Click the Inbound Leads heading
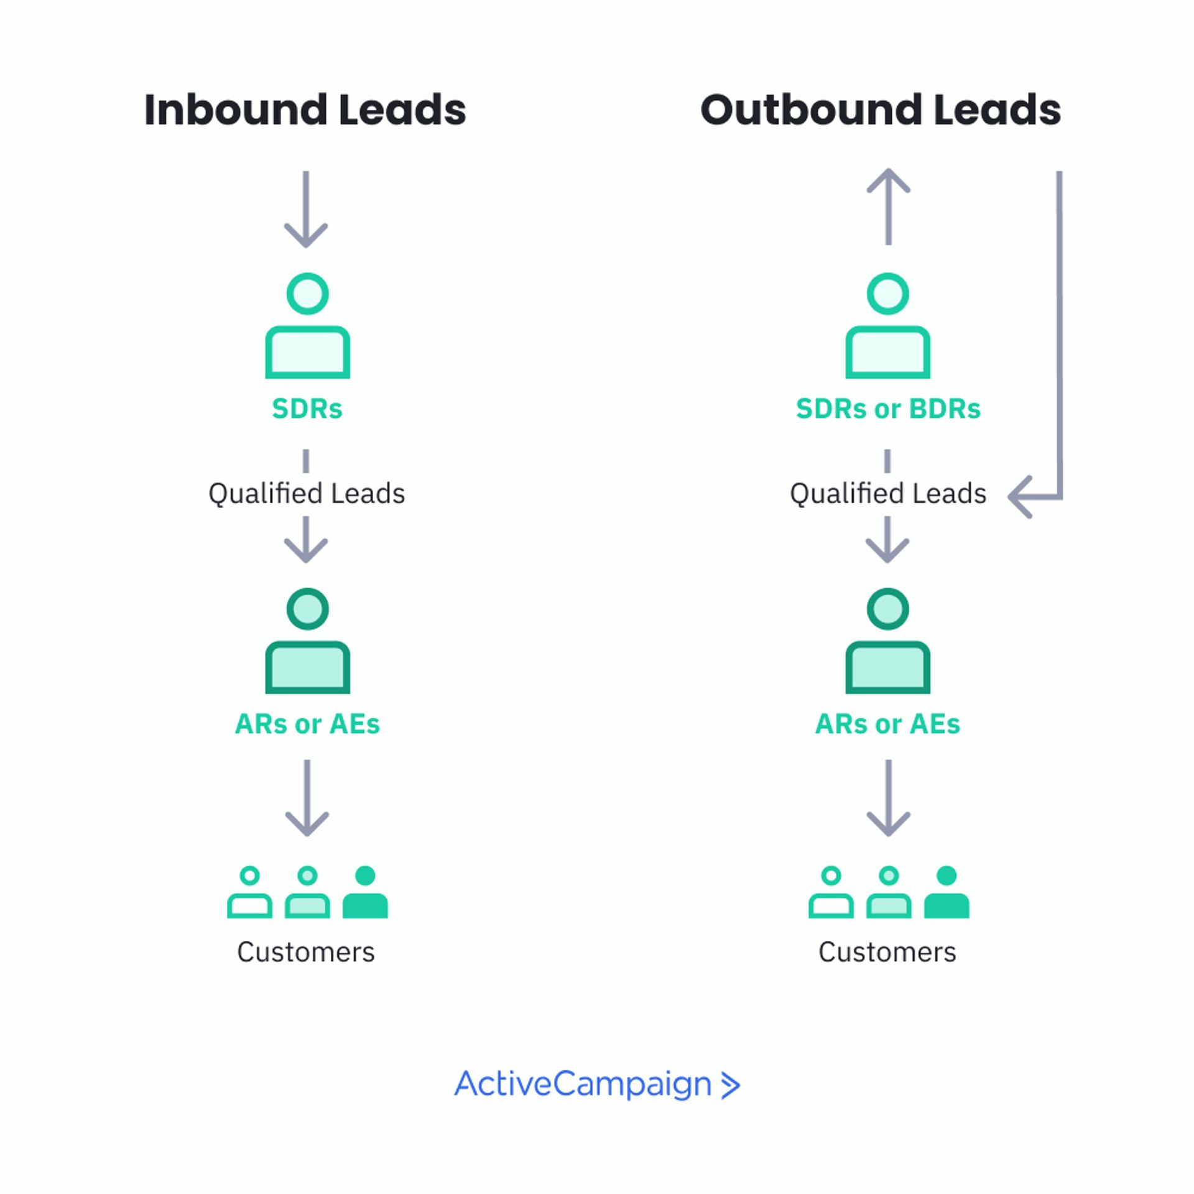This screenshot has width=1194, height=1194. pyautogui.click(x=305, y=110)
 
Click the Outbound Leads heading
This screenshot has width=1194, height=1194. pyautogui.click(x=881, y=110)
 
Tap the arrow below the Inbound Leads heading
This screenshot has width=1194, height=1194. pyautogui.click(x=306, y=209)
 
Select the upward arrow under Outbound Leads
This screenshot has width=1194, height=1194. pyautogui.click(x=889, y=206)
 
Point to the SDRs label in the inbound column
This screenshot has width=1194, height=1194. pyautogui.click(x=307, y=409)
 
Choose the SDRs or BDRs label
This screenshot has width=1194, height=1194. pyautogui.click(x=888, y=409)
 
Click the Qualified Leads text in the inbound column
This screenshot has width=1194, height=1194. pyautogui.click(x=307, y=494)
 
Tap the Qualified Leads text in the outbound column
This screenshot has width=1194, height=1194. pyautogui.click(x=888, y=494)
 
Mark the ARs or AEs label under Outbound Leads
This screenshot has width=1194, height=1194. pyautogui.click(x=888, y=724)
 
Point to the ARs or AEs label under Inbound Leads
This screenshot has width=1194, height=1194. pyautogui.click(x=307, y=724)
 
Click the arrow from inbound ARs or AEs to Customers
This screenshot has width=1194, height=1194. pyautogui.click(x=307, y=798)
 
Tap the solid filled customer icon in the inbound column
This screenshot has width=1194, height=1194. pyautogui.click(x=365, y=892)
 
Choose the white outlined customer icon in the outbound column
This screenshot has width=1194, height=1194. pyautogui.click(x=831, y=892)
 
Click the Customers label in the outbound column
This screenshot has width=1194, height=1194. pyautogui.click(x=887, y=952)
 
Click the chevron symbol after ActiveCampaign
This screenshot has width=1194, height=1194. pyautogui.click(x=731, y=1085)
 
